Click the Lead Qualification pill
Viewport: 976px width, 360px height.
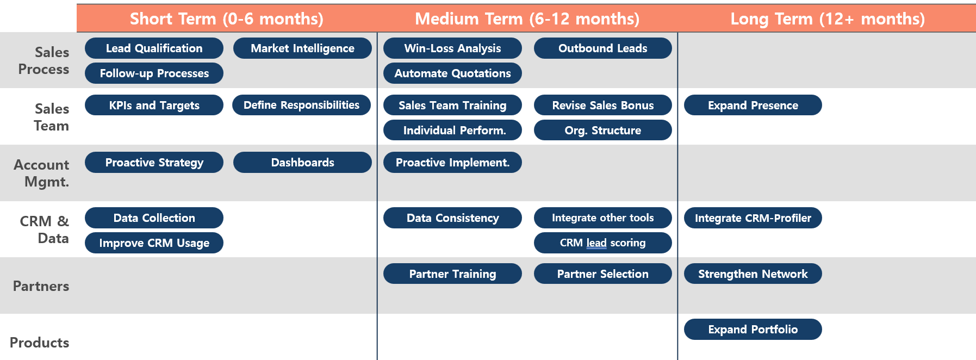154,48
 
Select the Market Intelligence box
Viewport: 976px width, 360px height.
302,48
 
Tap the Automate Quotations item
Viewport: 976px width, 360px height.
452,73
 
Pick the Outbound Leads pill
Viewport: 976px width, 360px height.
602,48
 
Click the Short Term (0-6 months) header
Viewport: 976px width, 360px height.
226,19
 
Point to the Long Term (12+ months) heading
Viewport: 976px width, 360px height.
827,19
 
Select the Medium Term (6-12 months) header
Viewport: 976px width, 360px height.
527,19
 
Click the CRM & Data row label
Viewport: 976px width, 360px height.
45,229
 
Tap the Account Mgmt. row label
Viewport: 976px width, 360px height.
42,173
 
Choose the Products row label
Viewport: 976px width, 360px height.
40,343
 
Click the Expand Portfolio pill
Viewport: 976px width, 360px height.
753,330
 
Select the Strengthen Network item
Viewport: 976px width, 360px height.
753,274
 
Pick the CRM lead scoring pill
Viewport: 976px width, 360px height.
602,243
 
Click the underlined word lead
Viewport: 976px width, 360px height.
596,243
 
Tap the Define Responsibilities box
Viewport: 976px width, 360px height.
301,105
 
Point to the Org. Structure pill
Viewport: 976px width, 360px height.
602,131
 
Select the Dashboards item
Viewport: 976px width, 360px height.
302,163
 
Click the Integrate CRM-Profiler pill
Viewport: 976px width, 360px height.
753,218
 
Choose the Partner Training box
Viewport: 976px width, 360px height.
452,274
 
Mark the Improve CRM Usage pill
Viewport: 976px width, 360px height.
154,243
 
